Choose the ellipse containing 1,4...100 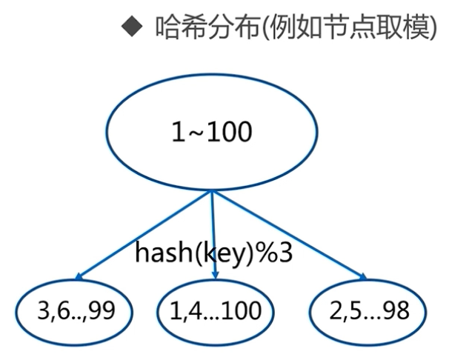[x=216, y=310]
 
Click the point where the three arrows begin [x=213, y=190]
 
